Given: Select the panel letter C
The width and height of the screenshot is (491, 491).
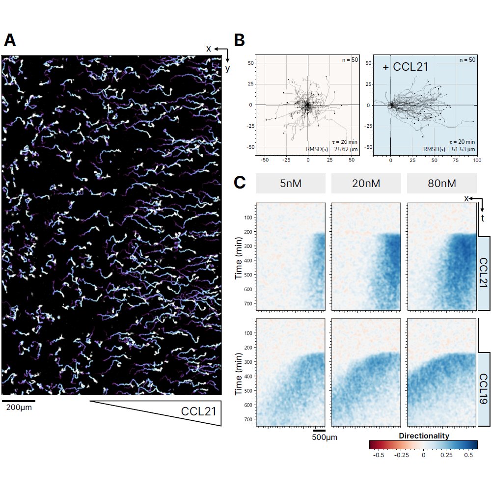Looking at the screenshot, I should coord(240,183).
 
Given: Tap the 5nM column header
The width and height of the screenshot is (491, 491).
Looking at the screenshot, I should coord(290,184).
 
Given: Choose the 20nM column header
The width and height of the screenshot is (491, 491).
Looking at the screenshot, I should coord(366,184).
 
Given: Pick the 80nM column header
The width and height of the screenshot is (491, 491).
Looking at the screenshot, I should coord(441,184).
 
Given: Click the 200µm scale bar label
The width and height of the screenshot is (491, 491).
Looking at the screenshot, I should coord(19,408).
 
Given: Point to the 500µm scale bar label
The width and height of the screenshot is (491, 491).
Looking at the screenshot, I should coord(325,437).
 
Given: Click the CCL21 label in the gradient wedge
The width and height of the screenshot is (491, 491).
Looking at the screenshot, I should coord(198,411).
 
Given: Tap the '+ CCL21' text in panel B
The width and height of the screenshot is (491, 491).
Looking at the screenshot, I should coord(405,67).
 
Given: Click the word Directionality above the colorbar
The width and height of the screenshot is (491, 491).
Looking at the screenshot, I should coord(424,436).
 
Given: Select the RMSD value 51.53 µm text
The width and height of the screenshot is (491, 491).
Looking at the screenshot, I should coord(449,149).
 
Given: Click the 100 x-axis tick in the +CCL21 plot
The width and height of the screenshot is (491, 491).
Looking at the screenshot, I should coord(476,160).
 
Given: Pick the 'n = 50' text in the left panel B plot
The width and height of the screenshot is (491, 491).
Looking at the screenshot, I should coord(351,60).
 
